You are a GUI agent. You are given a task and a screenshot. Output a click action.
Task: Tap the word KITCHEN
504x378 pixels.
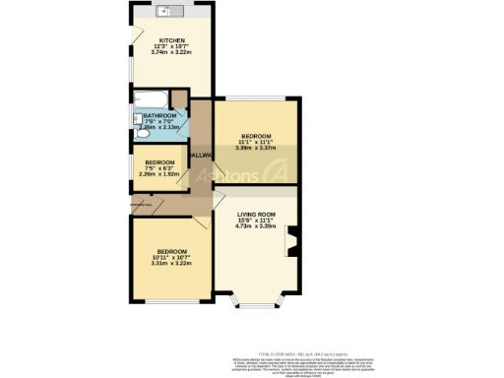point(159,40)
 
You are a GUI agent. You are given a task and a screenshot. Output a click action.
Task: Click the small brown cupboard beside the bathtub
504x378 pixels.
point(178,98)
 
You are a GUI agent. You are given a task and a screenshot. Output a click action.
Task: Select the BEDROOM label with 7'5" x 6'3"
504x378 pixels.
point(159,162)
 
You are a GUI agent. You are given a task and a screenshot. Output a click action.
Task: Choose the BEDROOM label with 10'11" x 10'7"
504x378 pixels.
point(169,251)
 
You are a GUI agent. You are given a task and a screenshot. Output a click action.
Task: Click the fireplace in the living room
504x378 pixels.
point(291,241)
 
